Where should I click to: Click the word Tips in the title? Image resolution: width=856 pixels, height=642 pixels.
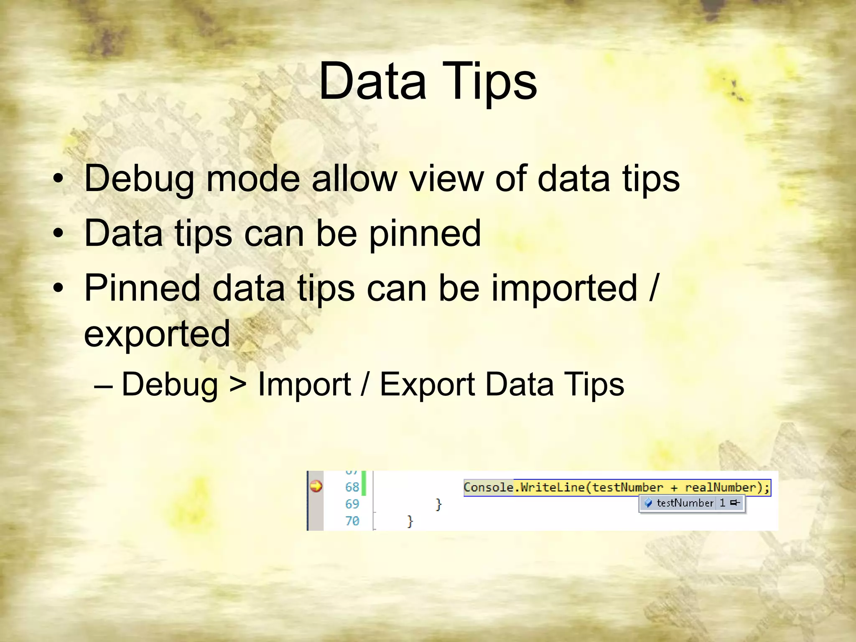pos(493,82)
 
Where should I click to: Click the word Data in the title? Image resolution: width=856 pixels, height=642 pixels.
pos(372,82)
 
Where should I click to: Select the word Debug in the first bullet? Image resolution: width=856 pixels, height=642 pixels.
pos(139,179)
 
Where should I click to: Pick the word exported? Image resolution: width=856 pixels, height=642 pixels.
pos(157,334)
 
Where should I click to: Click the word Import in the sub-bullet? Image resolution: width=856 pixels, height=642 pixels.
pos(304,385)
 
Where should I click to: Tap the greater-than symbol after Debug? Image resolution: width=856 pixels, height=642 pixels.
pos(238,385)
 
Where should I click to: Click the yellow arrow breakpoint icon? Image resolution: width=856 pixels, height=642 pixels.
pos(316,487)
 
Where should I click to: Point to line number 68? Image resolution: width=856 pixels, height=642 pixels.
pos(352,487)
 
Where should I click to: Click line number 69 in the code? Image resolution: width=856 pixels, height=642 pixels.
pos(352,504)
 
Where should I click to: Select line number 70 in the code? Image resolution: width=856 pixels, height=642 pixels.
pos(352,521)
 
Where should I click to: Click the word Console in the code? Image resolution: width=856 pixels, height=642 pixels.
pos(488,487)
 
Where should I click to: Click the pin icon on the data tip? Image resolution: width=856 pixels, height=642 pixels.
pos(735,503)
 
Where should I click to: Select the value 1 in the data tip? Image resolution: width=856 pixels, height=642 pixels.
pos(722,503)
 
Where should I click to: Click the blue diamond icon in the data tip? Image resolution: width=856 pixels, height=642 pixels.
pos(648,503)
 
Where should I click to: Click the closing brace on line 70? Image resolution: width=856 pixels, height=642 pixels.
pos(410,521)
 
